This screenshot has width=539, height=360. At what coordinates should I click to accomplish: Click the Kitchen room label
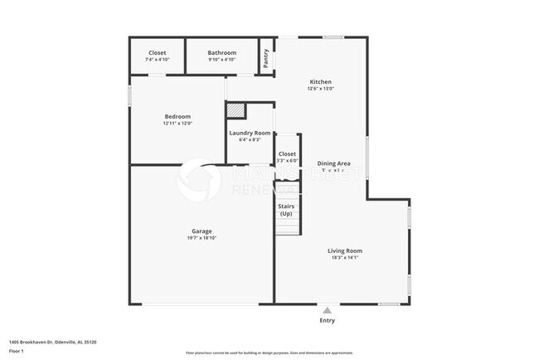coord(321,82)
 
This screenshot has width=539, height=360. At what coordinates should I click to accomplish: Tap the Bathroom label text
coord(221,52)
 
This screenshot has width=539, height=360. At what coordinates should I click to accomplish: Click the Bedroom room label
coord(177,116)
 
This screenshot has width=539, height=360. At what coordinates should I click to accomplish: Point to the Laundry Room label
coord(250,133)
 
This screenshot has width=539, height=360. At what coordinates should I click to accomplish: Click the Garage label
coord(202,231)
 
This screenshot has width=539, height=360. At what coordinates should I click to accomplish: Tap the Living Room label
coord(344,251)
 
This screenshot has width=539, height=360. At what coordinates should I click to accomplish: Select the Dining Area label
coord(333,163)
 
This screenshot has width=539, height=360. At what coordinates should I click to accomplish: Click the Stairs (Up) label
coord(286,209)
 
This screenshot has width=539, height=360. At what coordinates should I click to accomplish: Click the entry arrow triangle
coord(328,309)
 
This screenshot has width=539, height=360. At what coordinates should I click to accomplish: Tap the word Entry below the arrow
coord(328,320)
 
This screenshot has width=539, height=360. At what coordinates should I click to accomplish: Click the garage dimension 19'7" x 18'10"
coord(202,238)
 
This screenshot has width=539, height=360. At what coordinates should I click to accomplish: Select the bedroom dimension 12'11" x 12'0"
coord(177,124)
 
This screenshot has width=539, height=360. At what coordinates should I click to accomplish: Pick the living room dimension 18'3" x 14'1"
coord(344,258)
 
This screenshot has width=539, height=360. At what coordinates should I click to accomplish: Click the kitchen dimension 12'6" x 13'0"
coord(321,90)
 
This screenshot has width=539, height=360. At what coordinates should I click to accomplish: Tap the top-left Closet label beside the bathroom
coord(157,52)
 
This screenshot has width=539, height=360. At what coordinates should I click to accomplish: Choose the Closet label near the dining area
coord(287,153)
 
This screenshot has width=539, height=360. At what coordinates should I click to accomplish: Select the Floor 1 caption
coord(17,351)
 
